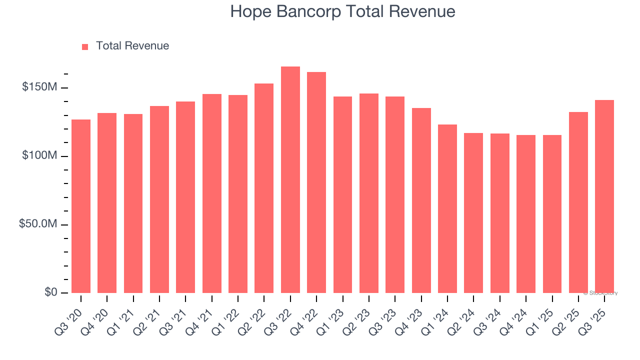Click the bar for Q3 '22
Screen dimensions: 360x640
[290, 180]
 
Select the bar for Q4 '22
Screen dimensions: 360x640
[316, 182]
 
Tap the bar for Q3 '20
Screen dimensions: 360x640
[81, 206]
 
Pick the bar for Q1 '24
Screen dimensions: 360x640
[447, 208]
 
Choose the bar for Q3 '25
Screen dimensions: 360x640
[604, 196]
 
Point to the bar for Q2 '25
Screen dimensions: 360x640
[578, 202]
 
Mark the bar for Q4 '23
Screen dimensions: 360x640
[421, 200]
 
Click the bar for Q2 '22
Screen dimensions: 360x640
[264, 188]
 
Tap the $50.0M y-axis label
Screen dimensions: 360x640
[38, 224]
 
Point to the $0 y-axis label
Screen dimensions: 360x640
[50, 292]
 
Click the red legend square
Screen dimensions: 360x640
[85, 46]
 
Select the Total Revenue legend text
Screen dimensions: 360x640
[132, 46]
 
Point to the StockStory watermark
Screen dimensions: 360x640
[600, 293]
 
